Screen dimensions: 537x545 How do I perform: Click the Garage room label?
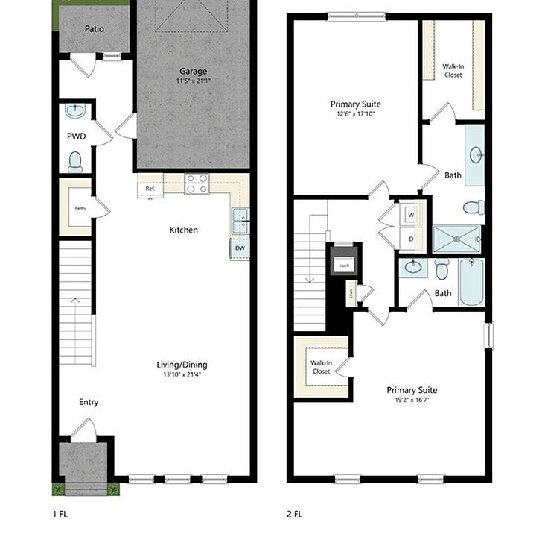[192, 71]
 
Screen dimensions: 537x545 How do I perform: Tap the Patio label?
[94, 29]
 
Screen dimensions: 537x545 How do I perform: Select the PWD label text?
[76, 136]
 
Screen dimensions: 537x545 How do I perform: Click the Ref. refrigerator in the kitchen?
[150, 189]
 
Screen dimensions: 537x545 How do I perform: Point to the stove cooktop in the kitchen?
[197, 183]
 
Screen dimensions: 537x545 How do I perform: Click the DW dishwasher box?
[240, 248]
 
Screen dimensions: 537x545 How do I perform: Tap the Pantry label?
[77, 208]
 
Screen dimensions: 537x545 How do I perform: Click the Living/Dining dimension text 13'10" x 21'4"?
[182, 374]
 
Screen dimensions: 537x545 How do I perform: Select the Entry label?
[89, 402]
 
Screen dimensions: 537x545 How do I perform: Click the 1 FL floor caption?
[60, 514]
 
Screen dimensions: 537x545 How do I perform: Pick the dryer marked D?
[411, 239]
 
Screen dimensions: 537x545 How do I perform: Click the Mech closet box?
[344, 266]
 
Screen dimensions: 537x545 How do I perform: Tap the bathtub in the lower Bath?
[471, 282]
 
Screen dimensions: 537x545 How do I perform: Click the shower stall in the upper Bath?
[457, 239]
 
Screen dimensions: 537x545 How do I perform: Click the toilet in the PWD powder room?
[75, 161]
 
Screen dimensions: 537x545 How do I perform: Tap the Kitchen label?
[183, 230]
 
